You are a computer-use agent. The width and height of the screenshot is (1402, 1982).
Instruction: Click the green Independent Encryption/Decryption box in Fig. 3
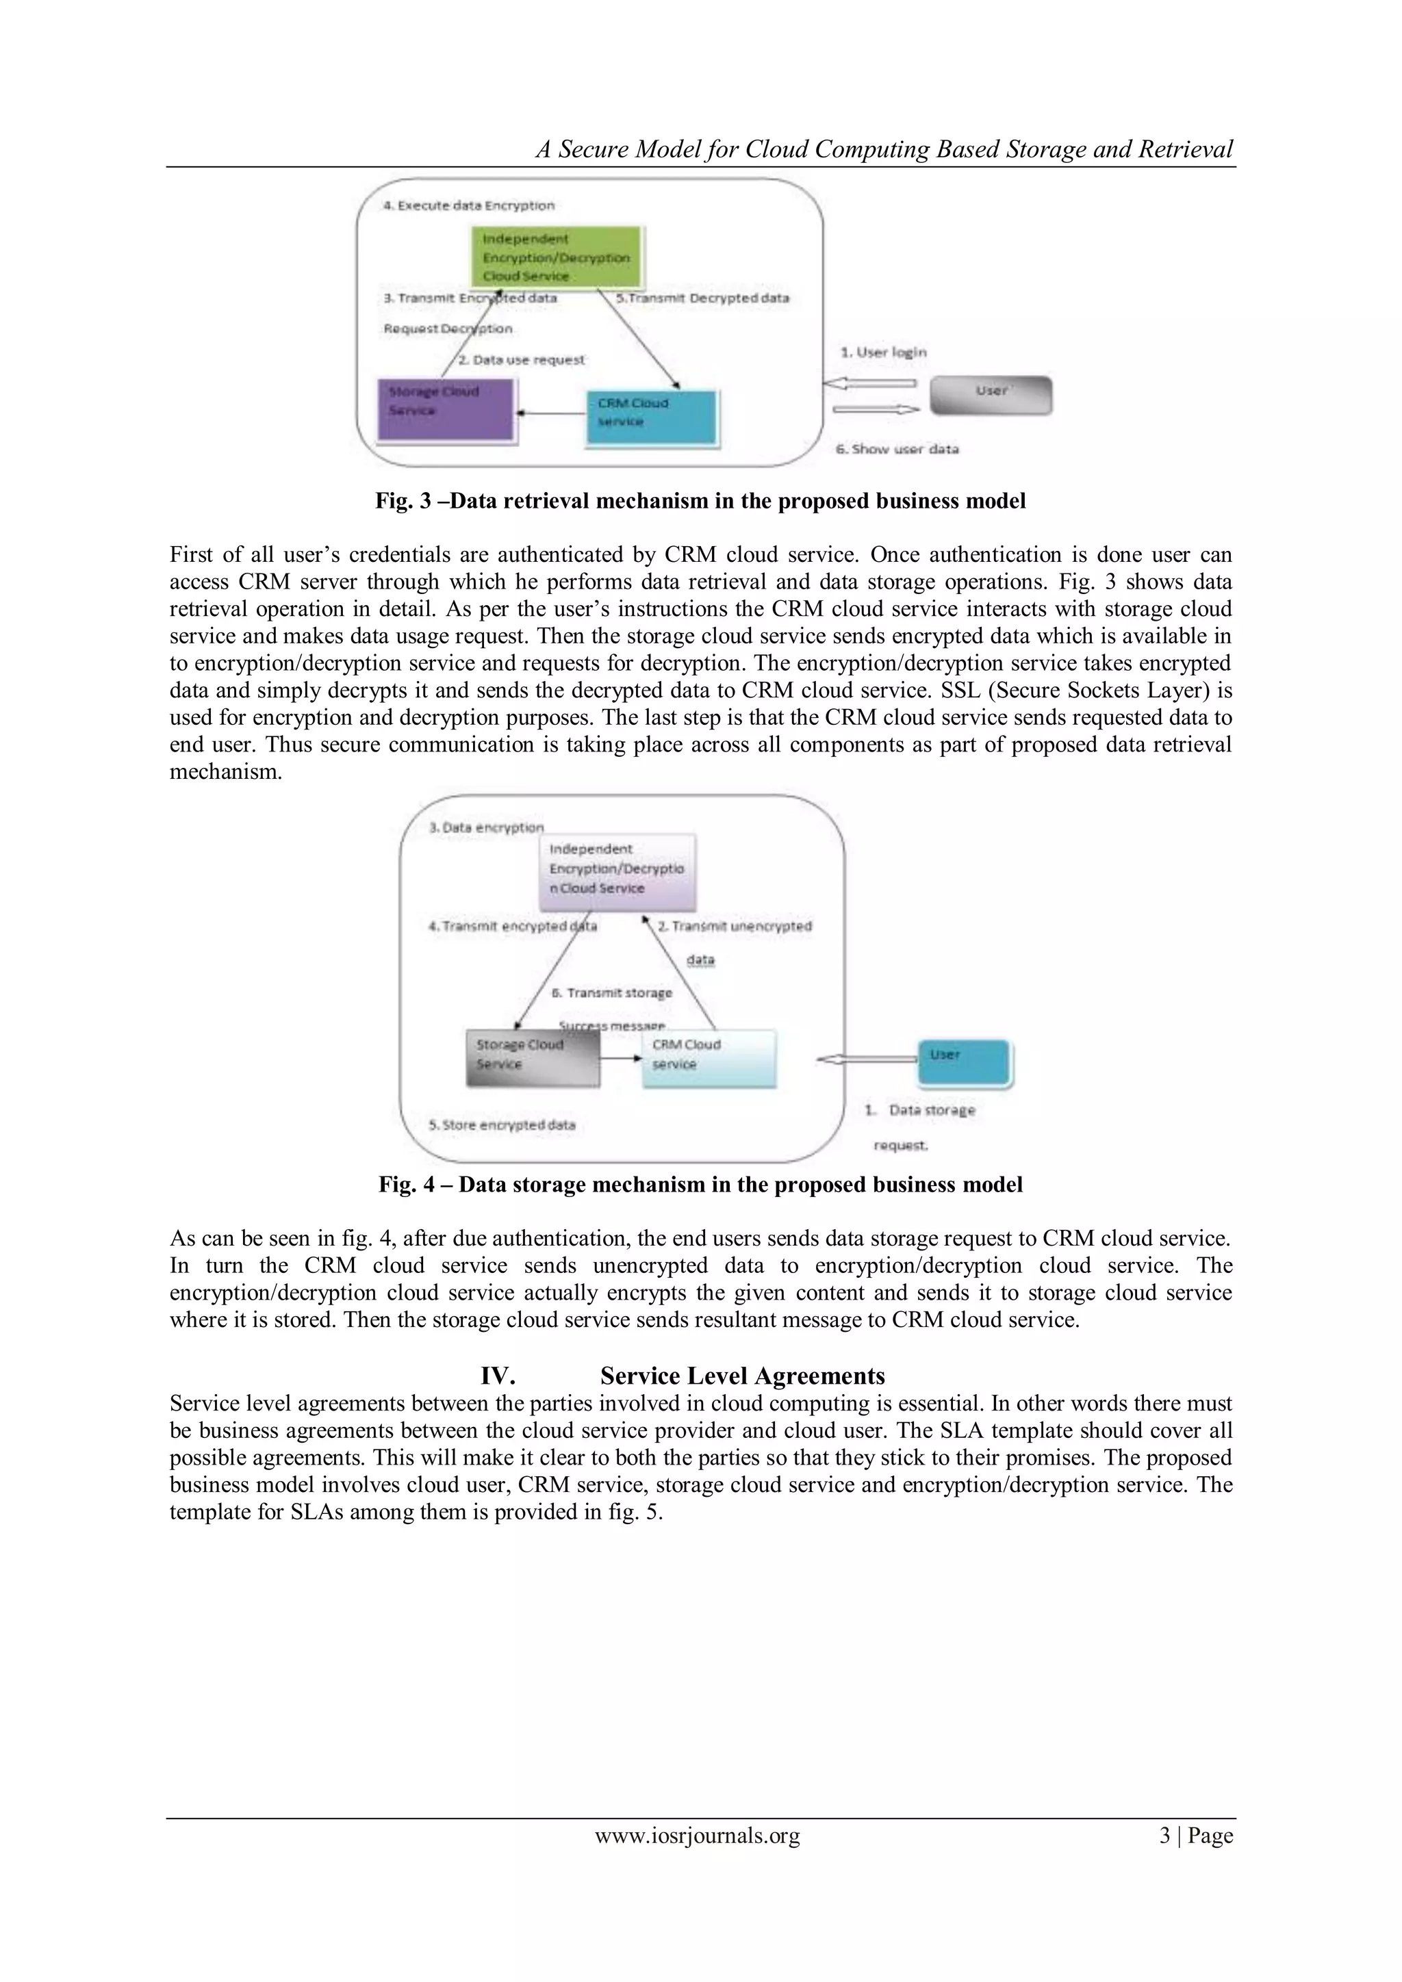pos(556,257)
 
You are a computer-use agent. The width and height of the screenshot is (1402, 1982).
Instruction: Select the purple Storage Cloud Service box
pos(446,411)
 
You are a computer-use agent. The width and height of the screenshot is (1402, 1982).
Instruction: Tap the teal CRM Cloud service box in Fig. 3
pos(652,417)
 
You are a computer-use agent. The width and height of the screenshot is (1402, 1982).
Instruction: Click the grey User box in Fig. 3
pos(990,396)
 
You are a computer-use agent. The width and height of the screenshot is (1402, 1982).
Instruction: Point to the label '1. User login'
pos(883,352)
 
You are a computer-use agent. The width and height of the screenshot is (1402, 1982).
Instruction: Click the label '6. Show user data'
pos(897,449)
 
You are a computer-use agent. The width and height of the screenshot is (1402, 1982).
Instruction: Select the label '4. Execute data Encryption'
pos(469,205)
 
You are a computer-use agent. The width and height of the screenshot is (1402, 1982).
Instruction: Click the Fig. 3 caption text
pos(700,501)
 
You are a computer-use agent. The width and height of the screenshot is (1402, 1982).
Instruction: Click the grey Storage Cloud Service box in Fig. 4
pos(533,1057)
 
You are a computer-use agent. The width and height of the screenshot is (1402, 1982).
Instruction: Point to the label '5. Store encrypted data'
pos(502,1125)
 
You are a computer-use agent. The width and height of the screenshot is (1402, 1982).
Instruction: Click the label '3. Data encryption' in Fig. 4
pos(487,827)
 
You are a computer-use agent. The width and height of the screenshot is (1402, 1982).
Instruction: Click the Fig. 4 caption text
pos(700,1185)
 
